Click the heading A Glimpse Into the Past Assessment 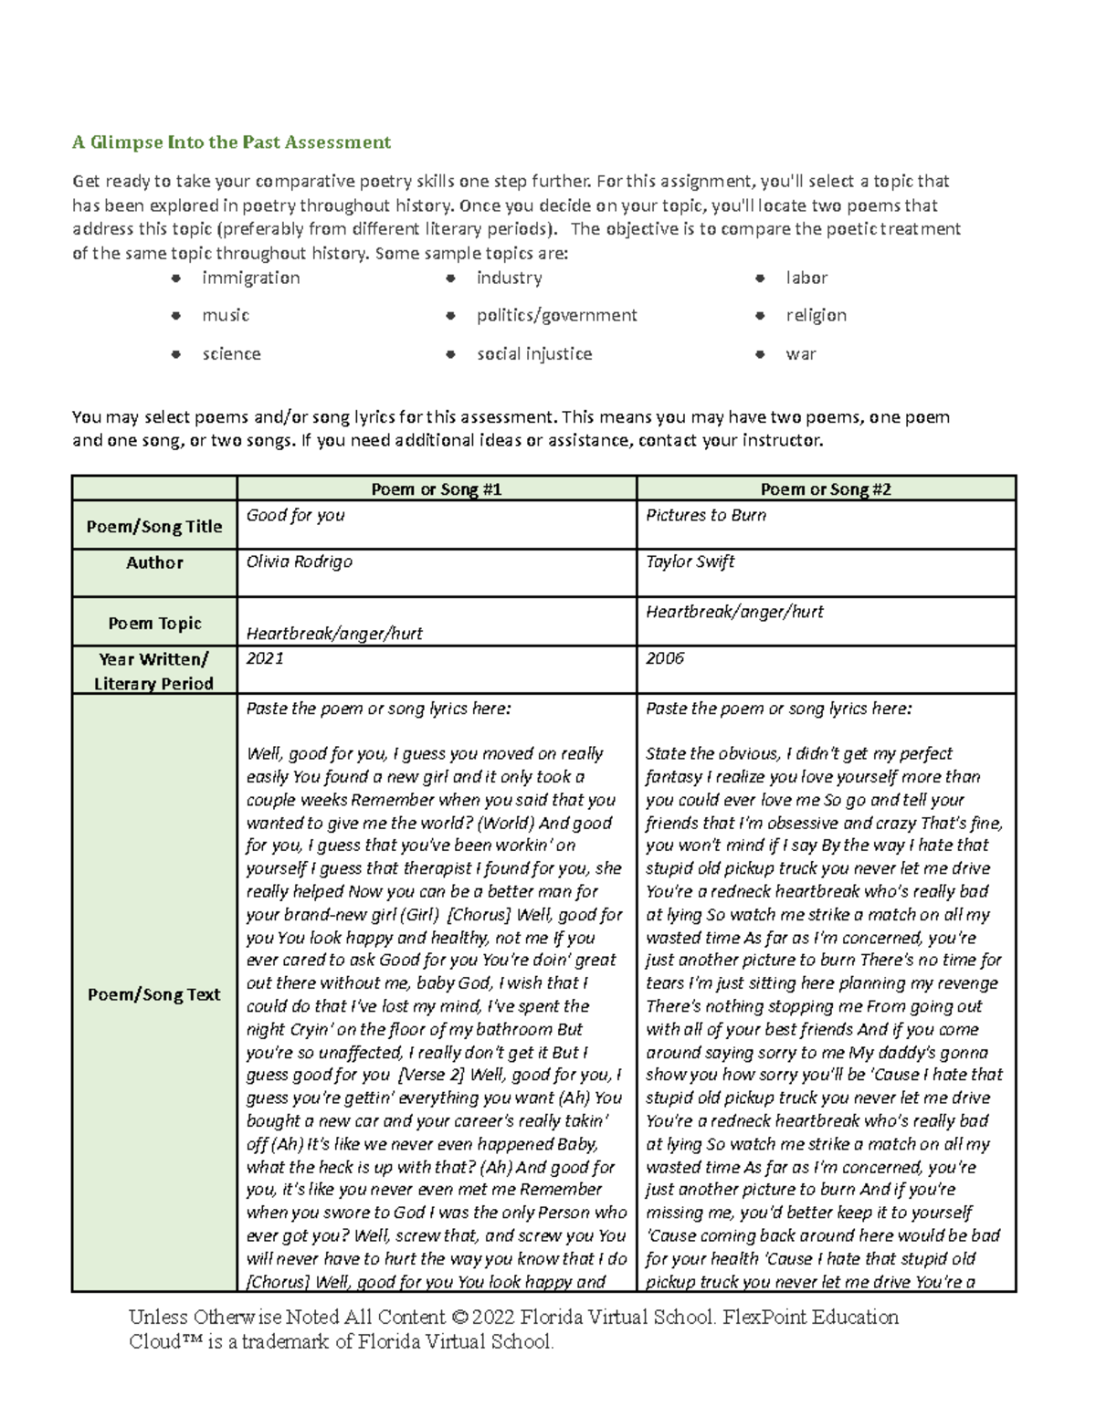pos(231,142)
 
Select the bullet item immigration pos(250,278)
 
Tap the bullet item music pos(226,315)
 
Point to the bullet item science pos(231,353)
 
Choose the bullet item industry pos(509,278)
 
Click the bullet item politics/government pos(556,315)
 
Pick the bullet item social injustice pos(533,353)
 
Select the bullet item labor pos(806,278)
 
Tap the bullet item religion pos(816,315)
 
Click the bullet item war pos(801,353)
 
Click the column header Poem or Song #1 pos(437,489)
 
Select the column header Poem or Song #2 pos(826,489)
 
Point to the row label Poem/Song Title pos(153,527)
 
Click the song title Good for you pos(295,515)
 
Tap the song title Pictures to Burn pos(706,515)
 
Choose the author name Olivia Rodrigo pos(299,562)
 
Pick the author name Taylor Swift pos(690,562)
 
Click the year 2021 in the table pos(265,658)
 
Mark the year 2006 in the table pos(665,658)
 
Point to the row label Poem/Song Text pos(153,994)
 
